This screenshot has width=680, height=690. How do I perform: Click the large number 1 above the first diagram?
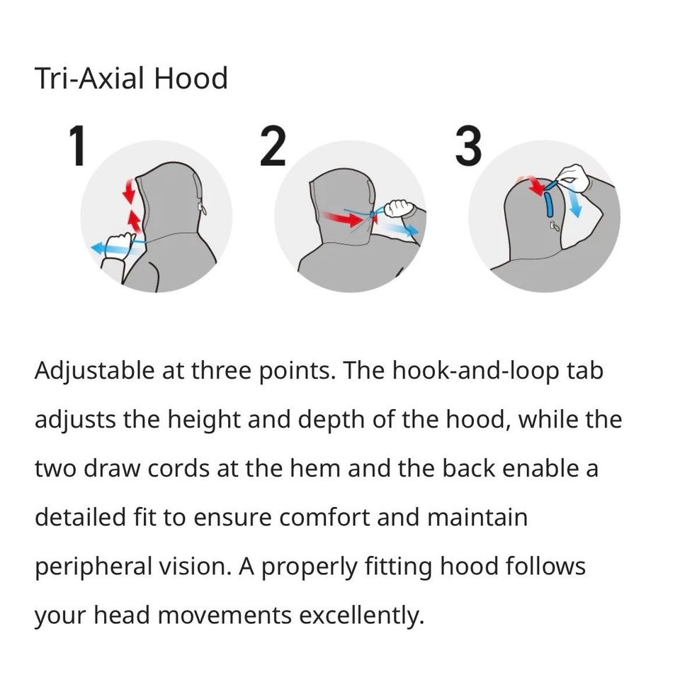pos(79,145)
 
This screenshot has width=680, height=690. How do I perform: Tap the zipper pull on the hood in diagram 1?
pos(202,209)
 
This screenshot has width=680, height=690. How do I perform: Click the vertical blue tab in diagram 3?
pos(550,205)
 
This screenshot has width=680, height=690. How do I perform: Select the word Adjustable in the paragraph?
pos(94,372)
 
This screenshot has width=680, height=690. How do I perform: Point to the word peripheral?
pos(93,567)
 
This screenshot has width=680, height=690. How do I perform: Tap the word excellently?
pos(362,616)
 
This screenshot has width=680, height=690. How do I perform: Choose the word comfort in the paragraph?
pos(324,518)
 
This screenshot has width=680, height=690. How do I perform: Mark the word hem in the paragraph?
pos(315,468)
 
